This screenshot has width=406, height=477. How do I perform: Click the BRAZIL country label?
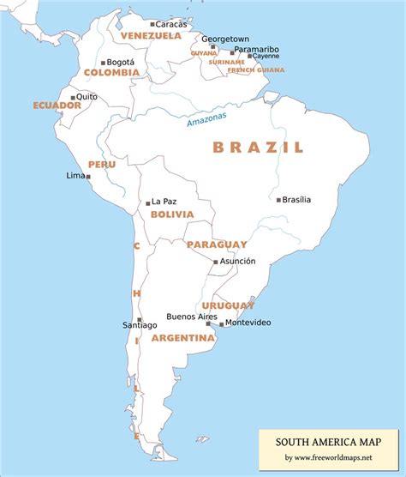point(258,148)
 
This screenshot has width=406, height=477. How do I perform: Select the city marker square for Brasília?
point(278,200)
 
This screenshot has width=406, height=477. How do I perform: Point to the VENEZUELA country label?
point(151,36)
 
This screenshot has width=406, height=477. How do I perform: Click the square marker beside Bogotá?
point(104,63)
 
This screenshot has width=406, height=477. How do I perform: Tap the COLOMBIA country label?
point(111,73)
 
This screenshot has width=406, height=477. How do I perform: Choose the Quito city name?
point(87,97)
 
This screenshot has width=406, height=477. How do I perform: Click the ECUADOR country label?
point(57,106)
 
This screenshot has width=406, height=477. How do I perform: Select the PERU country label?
point(101,164)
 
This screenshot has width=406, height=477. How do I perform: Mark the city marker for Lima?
point(87,177)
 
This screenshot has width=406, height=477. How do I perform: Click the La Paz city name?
point(164,202)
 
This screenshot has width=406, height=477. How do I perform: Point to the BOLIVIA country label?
point(172,214)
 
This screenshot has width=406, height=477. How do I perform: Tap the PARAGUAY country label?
point(217,245)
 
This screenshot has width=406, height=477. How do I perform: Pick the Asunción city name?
point(237,261)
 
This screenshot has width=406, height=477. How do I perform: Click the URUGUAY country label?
point(228,305)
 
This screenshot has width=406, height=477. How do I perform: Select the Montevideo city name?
point(248,323)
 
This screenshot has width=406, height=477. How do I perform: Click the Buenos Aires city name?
point(191,316)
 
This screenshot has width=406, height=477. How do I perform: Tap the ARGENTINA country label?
point(182,338)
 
